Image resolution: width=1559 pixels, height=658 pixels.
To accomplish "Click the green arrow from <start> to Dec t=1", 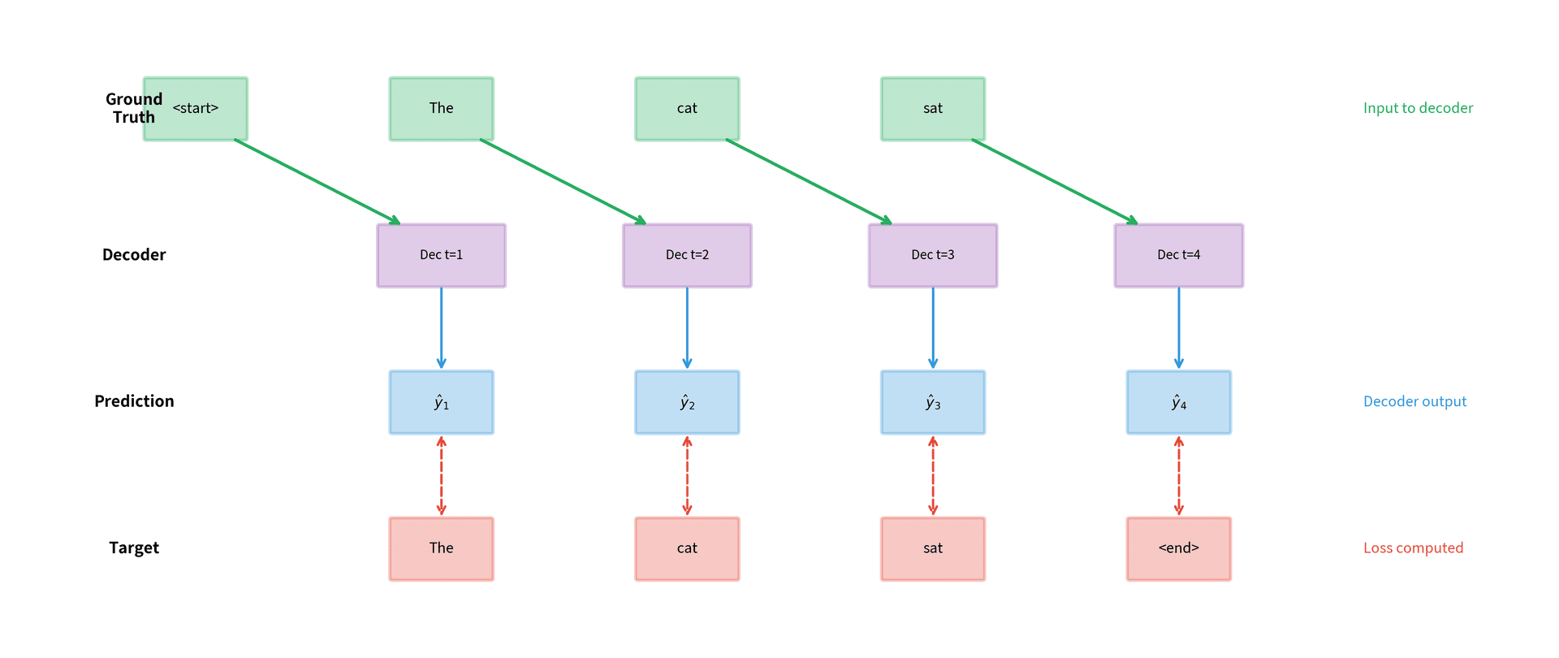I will tap(317, 181).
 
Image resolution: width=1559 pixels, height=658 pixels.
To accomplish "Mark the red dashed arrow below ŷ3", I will tap(933, 475).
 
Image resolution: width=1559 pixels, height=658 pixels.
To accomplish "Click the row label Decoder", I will tap(134, 255).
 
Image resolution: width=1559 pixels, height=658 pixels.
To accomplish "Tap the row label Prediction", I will tap(134, 401).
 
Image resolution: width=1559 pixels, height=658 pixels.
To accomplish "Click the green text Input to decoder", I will tap(1418, 108).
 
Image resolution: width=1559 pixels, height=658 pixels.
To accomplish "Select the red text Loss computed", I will tap(1413, 548).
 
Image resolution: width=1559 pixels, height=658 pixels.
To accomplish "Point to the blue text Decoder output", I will tap(1414, 401).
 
